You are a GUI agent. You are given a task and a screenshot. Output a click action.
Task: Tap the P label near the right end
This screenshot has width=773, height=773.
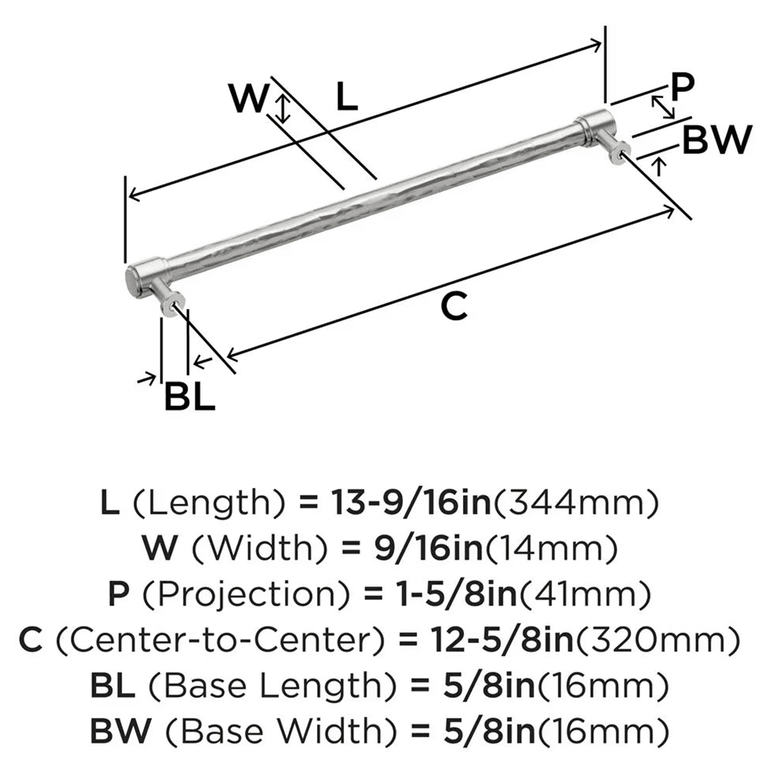pos(682,87)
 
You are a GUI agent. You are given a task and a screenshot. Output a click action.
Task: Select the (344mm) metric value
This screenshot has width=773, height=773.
pos(576,504)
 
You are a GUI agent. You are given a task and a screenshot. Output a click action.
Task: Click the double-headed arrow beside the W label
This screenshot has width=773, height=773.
pos(284,109)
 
